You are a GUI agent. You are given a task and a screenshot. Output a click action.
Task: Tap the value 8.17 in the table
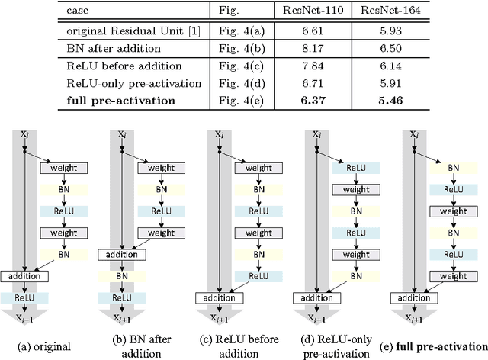coord(308,47)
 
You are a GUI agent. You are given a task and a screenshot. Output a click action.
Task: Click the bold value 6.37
coord(308,100)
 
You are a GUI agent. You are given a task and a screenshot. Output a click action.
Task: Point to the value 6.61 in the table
coord(308,30)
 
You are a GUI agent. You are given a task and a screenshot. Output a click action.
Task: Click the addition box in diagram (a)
coord(24,276)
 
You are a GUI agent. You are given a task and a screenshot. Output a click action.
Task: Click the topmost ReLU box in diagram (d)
coord(352,166)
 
